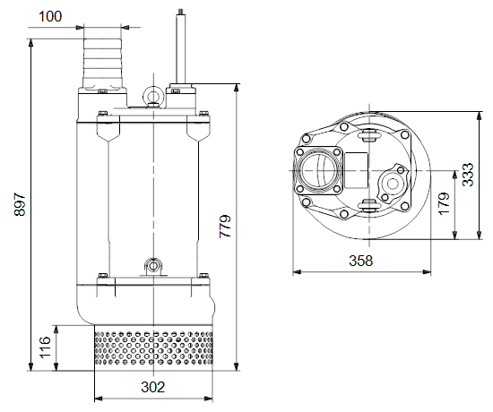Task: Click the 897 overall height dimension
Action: point(20,204)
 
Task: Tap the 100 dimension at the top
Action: point(50,16)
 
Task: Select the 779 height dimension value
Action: point(225,227)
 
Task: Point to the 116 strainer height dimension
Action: point(45,348)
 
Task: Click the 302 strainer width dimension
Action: point(152,387)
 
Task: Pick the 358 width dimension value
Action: point(360,261)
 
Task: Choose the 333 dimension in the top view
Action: point(468,175)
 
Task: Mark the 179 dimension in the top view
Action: point(444,203)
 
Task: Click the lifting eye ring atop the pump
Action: point(153,94)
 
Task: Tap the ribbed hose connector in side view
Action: point(102,64)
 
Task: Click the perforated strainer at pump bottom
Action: point(153,348)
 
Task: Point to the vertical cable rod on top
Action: point(181,47)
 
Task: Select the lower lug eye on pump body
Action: point(153,266)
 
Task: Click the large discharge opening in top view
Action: point(317,171)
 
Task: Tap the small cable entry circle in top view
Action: point(392,184)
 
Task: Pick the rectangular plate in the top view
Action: point(356,170)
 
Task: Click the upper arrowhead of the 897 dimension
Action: point(30,43)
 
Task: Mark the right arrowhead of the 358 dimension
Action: point(427,272)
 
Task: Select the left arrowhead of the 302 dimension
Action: point(99,399)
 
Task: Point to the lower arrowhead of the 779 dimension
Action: point(237,366)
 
